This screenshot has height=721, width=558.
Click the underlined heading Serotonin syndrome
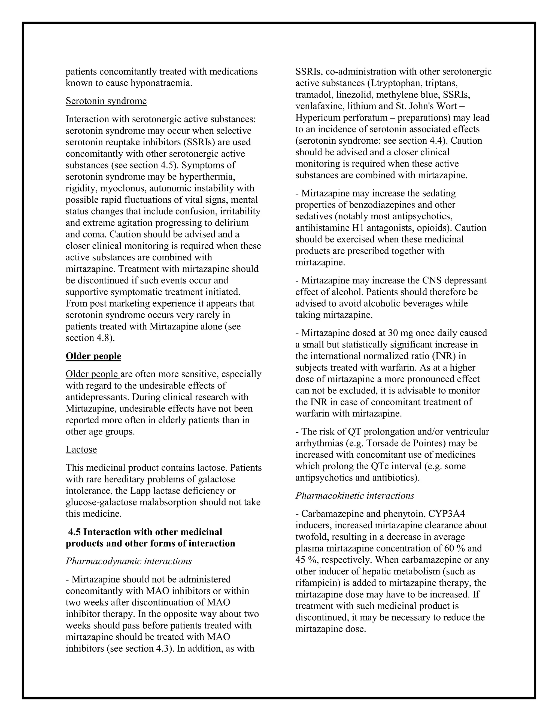tap(106, 101)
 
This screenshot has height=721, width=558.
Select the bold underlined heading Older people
tap(93, 356)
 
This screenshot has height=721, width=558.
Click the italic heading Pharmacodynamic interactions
tap(129, 561)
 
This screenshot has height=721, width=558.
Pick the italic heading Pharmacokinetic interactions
tap(355, 495)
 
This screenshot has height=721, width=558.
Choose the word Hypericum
tap(318, 118)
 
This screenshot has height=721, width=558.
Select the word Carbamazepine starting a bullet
tap(333, 514)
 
